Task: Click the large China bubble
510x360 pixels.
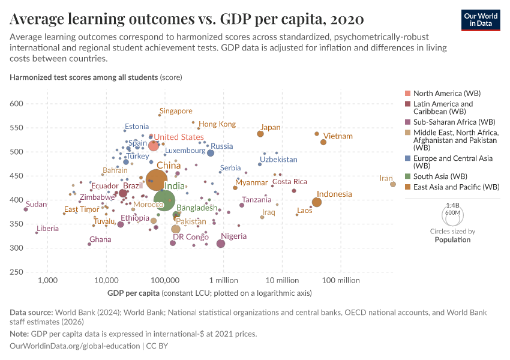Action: click(156, 179)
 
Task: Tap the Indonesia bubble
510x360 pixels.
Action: click(317, 202)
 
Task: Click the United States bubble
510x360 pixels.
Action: click(154, 146)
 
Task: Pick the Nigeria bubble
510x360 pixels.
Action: click(221, 244)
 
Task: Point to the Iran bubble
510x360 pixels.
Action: click(393, 184)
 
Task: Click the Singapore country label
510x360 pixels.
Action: click(176, 111)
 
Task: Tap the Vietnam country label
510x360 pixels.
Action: click(338, 136)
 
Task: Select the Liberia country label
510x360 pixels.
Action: click(47, 229)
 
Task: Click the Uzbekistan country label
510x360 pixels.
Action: click(278, 160)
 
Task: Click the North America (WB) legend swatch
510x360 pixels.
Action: click(409, 94)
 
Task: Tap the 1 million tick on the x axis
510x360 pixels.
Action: click(224, 280)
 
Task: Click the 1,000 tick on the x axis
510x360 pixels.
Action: click(47, 280)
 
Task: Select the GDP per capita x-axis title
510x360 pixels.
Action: click(135, 293)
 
